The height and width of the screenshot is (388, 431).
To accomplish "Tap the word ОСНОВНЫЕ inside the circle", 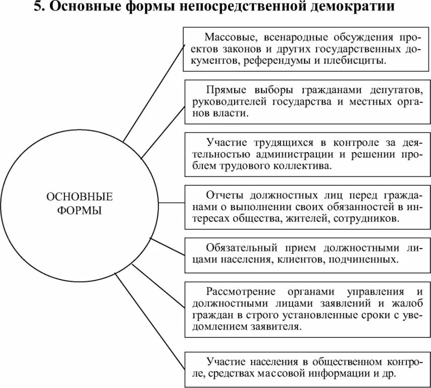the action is (79, 197).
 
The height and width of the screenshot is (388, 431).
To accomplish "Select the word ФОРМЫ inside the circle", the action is (79, 210).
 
